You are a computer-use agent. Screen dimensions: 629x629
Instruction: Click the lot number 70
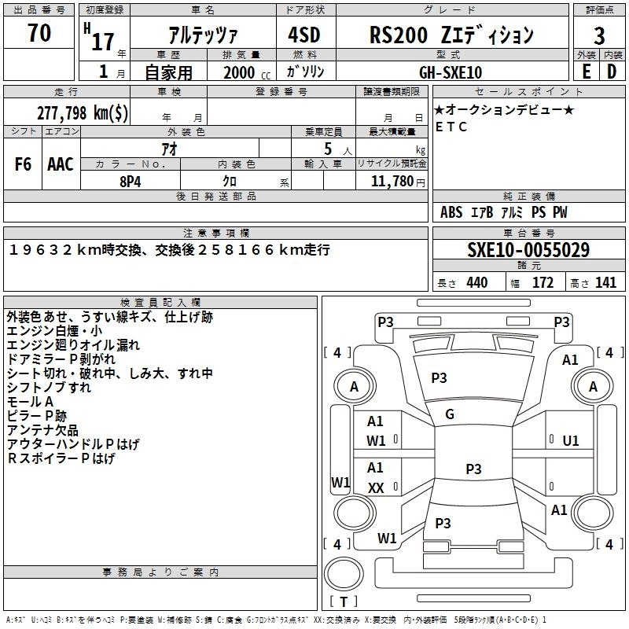pyautogui.click(x=39, y=34)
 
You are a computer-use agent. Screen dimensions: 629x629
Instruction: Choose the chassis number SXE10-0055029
pyautogui.click(x=528, y=251)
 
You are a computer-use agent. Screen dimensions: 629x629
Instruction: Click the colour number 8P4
pyautogui.click(x=131, y=180)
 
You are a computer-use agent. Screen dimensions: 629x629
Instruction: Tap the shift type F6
pyautogui.click(x=24, y=164)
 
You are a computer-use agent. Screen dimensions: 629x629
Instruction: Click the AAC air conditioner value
pyautogui.click(x=61, y=164)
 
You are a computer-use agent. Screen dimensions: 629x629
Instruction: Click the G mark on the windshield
pyautogui.click(x=450, y=414)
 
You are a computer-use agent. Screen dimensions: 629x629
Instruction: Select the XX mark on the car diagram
pyautogui.click(x=376, y=488)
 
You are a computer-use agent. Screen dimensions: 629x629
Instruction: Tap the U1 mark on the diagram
pyautogui.click(x=571, y=441)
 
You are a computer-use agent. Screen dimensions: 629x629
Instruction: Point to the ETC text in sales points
pyautogui.click(x=451, y=127)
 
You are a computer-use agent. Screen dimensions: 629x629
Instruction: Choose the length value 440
pyautogui.click(x=476, y=283)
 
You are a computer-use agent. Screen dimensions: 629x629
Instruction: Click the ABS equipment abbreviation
pyautogui.click(x=451, y=212)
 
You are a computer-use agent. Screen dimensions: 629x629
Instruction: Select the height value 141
pyautogui.click(x=605, y=283)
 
